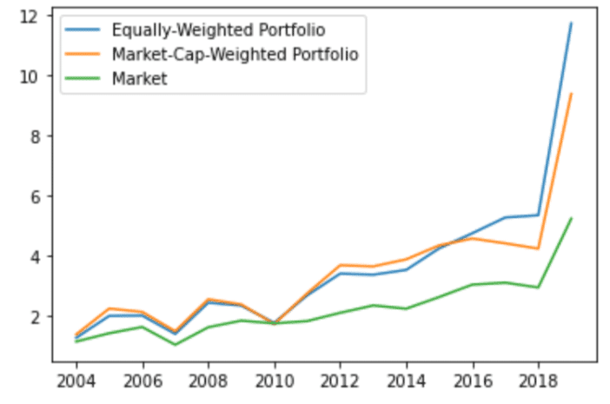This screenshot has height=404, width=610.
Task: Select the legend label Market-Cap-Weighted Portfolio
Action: point(235,55)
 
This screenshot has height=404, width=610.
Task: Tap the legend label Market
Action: point(140,79)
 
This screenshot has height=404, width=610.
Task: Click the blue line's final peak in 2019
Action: point(571,23)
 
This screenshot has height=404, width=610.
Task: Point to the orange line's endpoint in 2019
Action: point(571,94)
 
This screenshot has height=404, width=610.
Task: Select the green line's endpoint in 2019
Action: point(571,218)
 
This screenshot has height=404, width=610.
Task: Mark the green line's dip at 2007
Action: point(176,344)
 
